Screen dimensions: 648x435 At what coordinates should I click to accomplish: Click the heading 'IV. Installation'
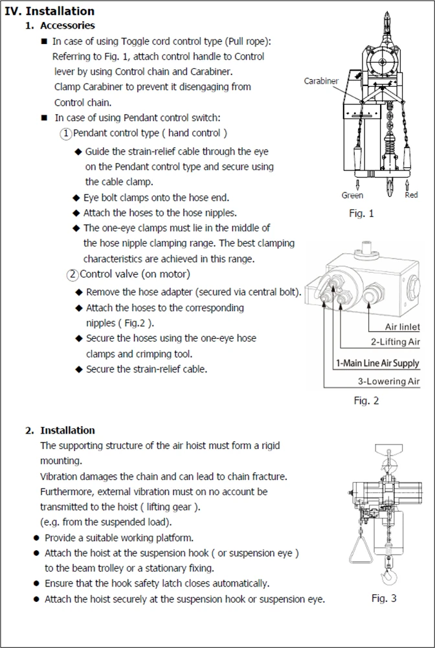[50, 11]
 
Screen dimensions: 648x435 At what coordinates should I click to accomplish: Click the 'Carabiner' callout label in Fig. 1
[321, 81]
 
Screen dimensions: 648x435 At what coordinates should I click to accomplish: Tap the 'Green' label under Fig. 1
[352, 195]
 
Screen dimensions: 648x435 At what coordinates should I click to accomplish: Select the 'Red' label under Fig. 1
[411, 195]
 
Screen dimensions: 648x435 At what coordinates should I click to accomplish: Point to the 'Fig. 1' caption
[361, 213]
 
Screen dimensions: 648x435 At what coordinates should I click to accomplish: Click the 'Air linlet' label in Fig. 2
[402, 327]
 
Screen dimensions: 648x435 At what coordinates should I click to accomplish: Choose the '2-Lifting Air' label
[395, 341]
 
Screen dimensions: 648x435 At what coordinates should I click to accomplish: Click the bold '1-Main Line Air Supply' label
[377, 364]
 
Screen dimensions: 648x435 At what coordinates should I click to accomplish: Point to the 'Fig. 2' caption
[366, 400]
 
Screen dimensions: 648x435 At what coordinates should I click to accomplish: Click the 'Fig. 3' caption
[384, 598]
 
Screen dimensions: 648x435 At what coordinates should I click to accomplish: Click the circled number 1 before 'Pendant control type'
[66, 133]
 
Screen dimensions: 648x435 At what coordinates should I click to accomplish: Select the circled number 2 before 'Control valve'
[72, 275]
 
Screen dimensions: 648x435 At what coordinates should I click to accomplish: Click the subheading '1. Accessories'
[60, 26]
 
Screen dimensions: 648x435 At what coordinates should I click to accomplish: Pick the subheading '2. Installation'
[60, 430]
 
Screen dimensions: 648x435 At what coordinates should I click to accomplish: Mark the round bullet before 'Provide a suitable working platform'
[36, 538]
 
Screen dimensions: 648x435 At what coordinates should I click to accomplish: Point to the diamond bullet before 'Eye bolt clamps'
[76, 198]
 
